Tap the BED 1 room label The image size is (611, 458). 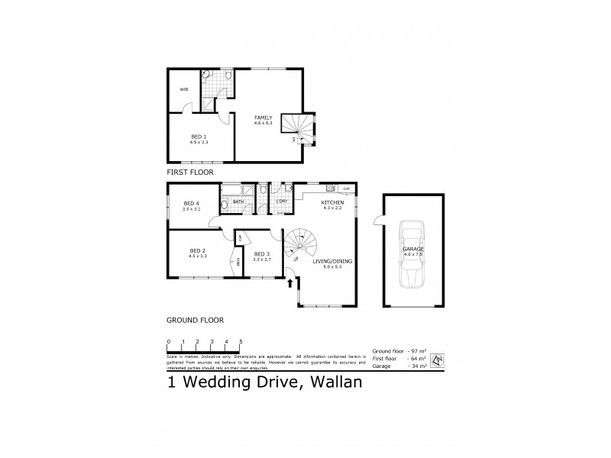click(199, 136)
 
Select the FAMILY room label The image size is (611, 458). click(263, 117)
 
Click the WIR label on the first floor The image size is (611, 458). click(184, 89)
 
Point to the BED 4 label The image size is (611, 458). click(192, 203)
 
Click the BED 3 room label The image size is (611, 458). click(261, 253)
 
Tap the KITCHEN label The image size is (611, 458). click(333, 202)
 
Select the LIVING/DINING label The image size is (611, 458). click(326, 260)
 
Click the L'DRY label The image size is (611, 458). click(283, 202)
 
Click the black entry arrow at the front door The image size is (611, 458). click(289, 285)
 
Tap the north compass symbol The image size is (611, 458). click(438, 360)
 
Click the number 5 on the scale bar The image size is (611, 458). click(241, 341)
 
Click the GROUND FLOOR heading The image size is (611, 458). click(195, 320)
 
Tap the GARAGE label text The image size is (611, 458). click(413, 249)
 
